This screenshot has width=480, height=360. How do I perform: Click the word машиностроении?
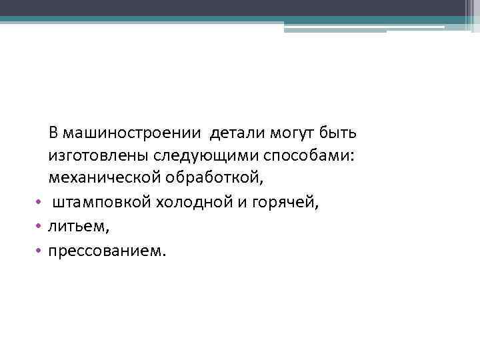[133, 133]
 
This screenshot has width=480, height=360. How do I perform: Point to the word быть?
[340, 133]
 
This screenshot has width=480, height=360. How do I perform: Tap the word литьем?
[77, 227]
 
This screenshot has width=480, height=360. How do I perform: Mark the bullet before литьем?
[39, 227]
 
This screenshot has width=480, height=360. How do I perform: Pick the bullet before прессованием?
[39, 251]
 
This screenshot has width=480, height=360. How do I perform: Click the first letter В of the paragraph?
[53, 133]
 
